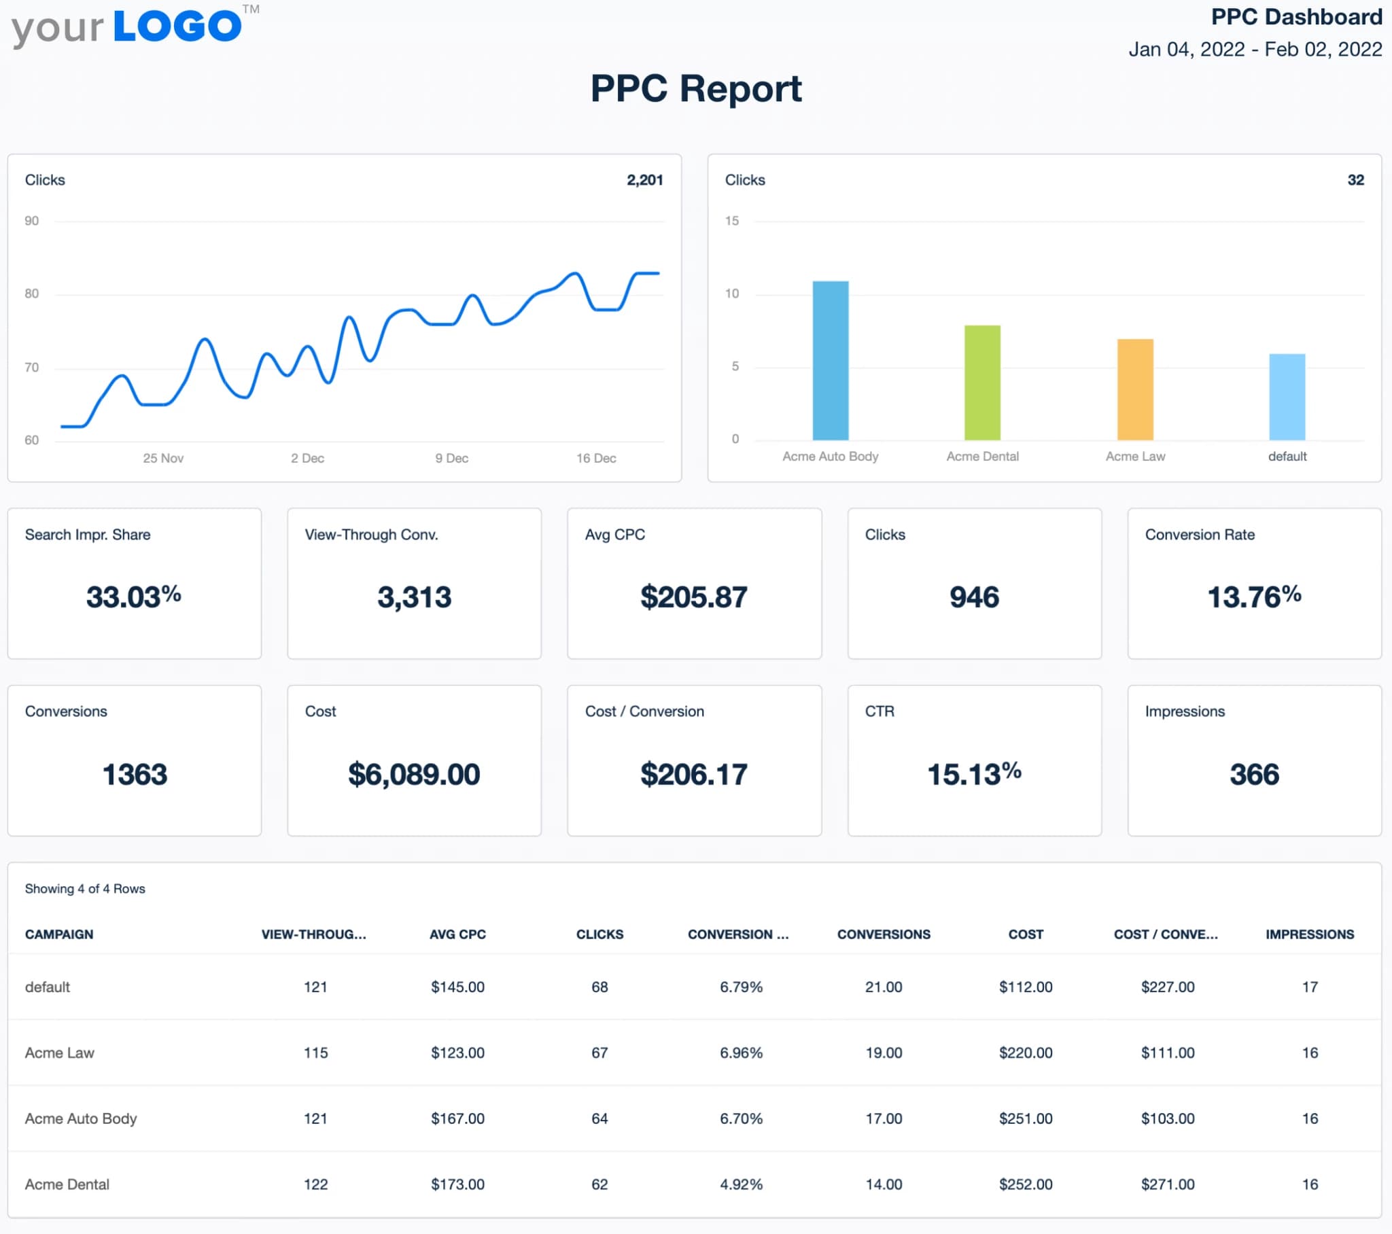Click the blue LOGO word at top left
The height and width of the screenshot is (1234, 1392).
[177, 27]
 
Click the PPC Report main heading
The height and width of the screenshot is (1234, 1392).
[695, 88]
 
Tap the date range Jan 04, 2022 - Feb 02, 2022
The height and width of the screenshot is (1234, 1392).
[1255, 49]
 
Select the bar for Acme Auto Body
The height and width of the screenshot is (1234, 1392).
[830, 361]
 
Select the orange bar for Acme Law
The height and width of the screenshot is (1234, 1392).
[1134, 389]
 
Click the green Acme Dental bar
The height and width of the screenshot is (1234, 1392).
[982, 383]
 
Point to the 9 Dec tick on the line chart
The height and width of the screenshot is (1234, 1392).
[451, 458]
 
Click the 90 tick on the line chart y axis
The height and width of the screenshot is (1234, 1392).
[31, 221]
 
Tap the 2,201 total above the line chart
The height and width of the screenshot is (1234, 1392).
[644, 180]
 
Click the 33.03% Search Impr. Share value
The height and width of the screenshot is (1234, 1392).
[133, 597]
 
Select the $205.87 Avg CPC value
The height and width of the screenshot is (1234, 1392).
[693, 597]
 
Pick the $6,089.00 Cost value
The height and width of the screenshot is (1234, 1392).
[413, 775]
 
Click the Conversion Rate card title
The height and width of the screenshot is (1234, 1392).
[1199, 535]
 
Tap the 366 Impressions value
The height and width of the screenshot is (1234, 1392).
[1254, 775]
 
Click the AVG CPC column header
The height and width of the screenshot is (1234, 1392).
[457, 934]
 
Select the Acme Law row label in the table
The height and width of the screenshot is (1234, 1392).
[59, 1053]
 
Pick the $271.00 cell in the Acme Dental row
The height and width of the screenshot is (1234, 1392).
[1167, 1184]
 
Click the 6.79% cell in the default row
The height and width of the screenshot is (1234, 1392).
[741, 987]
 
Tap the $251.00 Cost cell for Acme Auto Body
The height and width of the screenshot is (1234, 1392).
[1025, 1118]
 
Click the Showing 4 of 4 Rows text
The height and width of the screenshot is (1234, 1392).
[84, 889]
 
